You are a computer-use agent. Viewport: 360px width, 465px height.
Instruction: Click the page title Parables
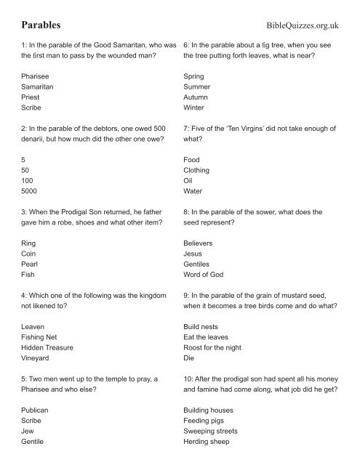click(41, 24)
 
